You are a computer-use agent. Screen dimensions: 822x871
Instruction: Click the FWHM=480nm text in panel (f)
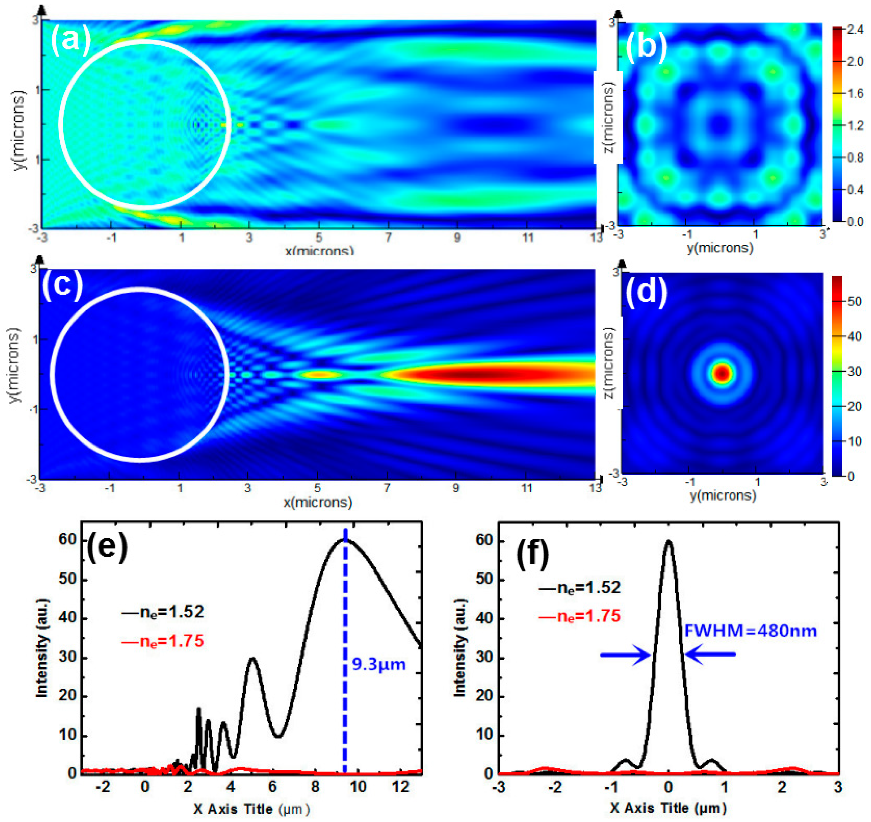point(751,631)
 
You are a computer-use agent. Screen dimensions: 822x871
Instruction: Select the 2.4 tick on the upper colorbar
point(854,30)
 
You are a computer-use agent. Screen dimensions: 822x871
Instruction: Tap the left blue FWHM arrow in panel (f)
point(625,655)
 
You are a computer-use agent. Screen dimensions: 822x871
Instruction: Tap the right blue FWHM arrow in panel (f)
point(710,655)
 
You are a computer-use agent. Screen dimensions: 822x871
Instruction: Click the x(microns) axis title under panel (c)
point(318,502)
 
